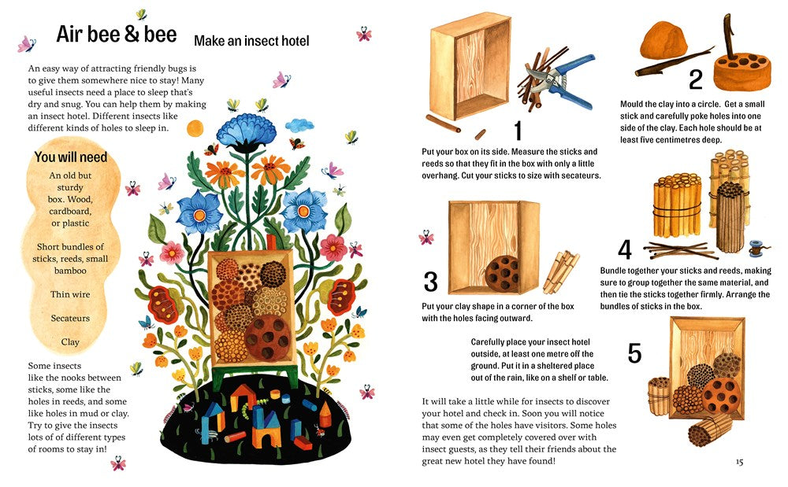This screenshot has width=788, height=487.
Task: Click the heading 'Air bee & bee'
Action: (x=117, y=34)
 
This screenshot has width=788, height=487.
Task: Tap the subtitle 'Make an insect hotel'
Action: (x=251, y=41)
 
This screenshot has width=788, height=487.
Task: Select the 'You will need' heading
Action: (x=71, y=157)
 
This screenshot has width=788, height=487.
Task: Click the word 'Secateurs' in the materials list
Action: (x=70, y=318)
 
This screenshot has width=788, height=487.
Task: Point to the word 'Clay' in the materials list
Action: (x=70, y=342)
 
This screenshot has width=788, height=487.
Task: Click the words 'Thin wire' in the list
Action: (x=70, y=294)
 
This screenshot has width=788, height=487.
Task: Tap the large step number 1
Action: (x=519, y=131)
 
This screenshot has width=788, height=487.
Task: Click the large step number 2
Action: (x=696, y=79)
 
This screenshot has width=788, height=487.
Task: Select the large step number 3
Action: (x=431, y=282)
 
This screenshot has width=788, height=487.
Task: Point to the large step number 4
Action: (x=625, y=249)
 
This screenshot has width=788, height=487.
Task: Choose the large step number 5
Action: (x=634, y=353)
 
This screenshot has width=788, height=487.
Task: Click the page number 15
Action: (x=739, y=462)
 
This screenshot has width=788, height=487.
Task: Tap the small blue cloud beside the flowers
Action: (x=299, y=124)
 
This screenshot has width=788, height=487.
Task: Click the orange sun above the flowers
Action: (x=195, y=128)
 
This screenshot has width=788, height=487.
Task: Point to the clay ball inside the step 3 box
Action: (x=502, y=275)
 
